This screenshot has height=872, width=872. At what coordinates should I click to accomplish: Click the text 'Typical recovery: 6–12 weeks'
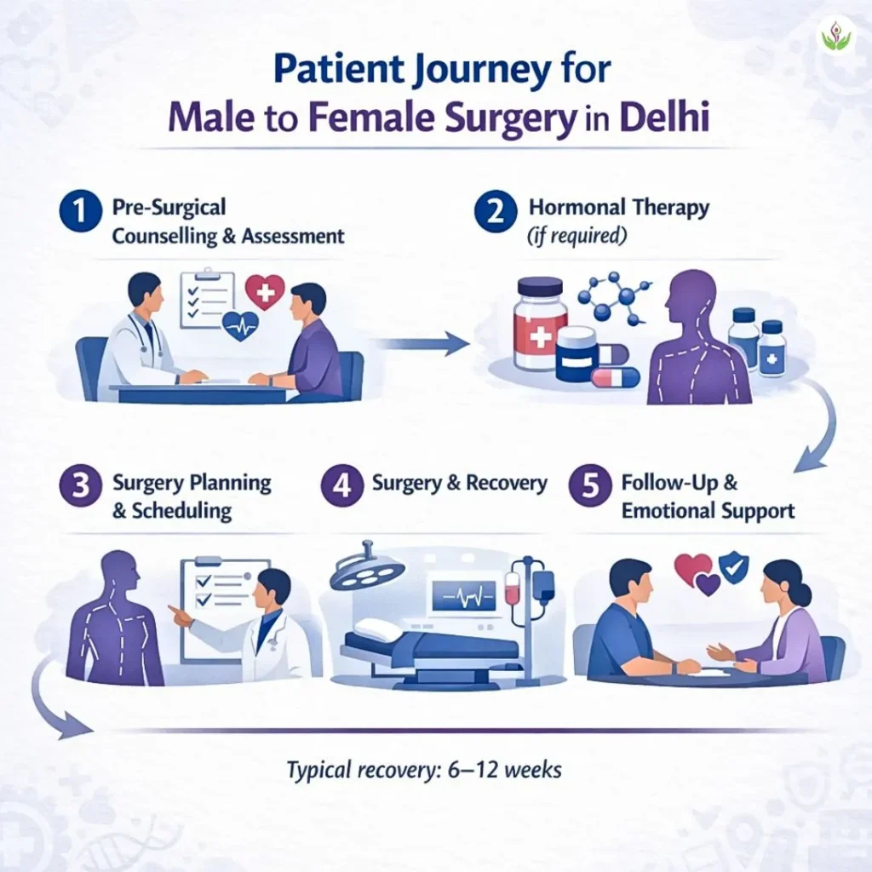tap(424, 770)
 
